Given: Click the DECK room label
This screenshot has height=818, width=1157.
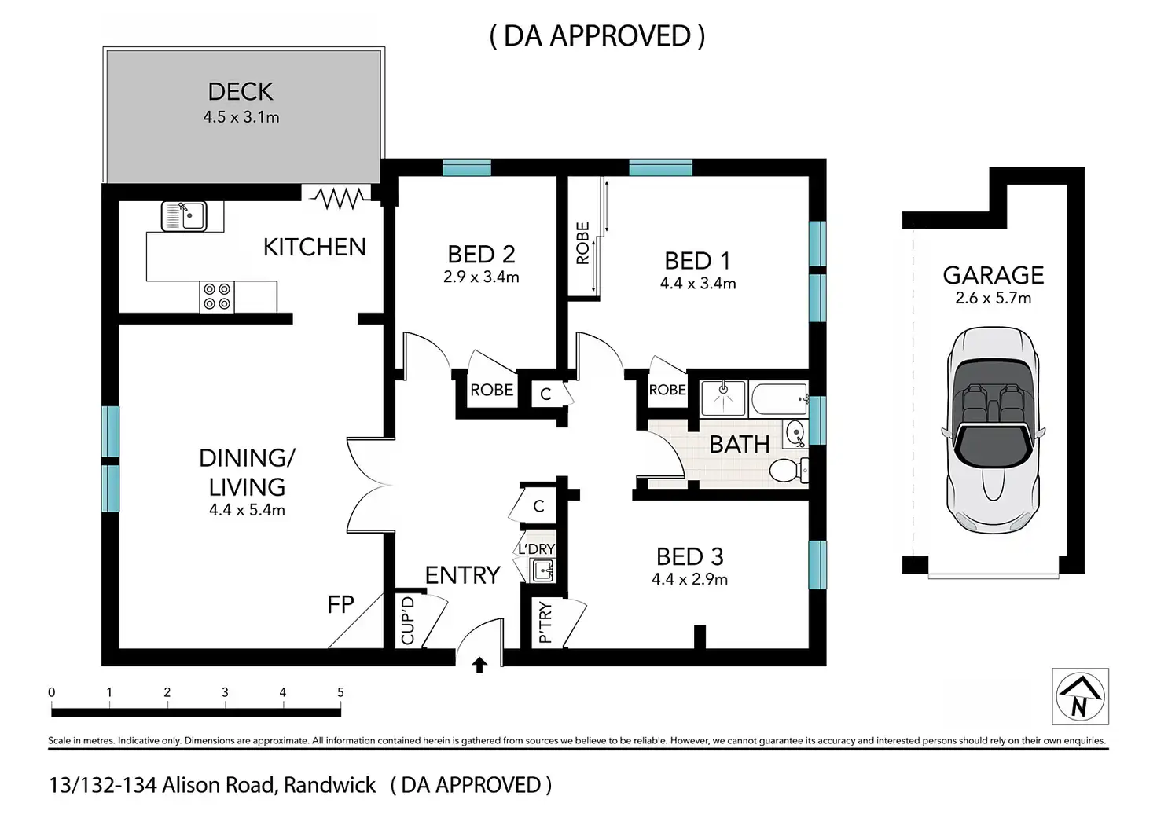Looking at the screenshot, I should click(x=241, y=92).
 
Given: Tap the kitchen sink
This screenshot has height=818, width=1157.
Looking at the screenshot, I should click(x=184, y=215).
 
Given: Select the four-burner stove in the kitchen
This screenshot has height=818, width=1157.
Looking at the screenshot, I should click(x=217, y=297).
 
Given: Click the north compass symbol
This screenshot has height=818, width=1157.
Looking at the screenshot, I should click(x=1080, y=696).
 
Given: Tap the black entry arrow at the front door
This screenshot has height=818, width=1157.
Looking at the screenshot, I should click(x=479, y=666).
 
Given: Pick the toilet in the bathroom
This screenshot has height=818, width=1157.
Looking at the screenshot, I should click(x=786, y=470).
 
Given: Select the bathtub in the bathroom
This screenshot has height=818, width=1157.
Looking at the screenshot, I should click(x=779, y=398).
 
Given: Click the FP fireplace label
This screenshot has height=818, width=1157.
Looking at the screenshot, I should click(x=341, y=604).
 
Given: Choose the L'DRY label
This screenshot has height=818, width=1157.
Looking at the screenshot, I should click(x=537, y=549).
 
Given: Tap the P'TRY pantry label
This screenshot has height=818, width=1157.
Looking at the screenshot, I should click(x=545, y=624).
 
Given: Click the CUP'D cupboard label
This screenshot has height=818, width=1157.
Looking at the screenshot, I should click(x=407, y=621).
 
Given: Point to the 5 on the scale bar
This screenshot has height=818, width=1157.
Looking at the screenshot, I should click(x=340, y=692).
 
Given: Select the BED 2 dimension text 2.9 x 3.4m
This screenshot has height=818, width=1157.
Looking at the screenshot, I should click(x=481, y=277).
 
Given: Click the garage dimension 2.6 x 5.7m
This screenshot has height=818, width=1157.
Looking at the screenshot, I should click(x=993, y=298).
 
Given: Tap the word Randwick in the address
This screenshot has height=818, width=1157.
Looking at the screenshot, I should click(x=330, y=785).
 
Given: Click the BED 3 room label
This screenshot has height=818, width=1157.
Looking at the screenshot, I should click(x=689, y=557).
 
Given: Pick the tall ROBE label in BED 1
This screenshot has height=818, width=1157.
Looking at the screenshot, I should click(x=582, y=243).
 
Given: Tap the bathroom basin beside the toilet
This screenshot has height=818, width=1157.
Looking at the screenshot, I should click(x=795, y=432).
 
